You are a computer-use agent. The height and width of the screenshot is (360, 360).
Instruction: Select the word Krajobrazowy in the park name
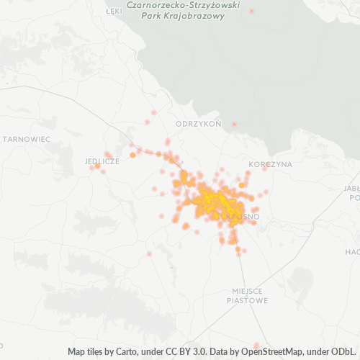click(194, 16)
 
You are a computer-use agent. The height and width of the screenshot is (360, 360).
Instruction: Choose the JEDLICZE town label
click(102, 161)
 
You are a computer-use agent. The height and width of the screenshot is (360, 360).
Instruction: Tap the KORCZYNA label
click(270, 164)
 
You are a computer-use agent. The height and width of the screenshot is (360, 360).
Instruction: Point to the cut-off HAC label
click(352, 252)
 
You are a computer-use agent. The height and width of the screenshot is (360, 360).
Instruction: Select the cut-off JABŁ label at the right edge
click(352, 189)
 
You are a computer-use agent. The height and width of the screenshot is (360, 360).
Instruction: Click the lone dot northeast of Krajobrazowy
click(251, 11)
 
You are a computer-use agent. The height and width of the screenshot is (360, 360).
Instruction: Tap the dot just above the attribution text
click(257, 345)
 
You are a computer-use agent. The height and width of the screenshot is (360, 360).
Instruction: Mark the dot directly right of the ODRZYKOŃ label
click(234, 125)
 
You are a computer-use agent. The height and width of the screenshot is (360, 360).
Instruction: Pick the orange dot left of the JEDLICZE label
click(97, 166)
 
